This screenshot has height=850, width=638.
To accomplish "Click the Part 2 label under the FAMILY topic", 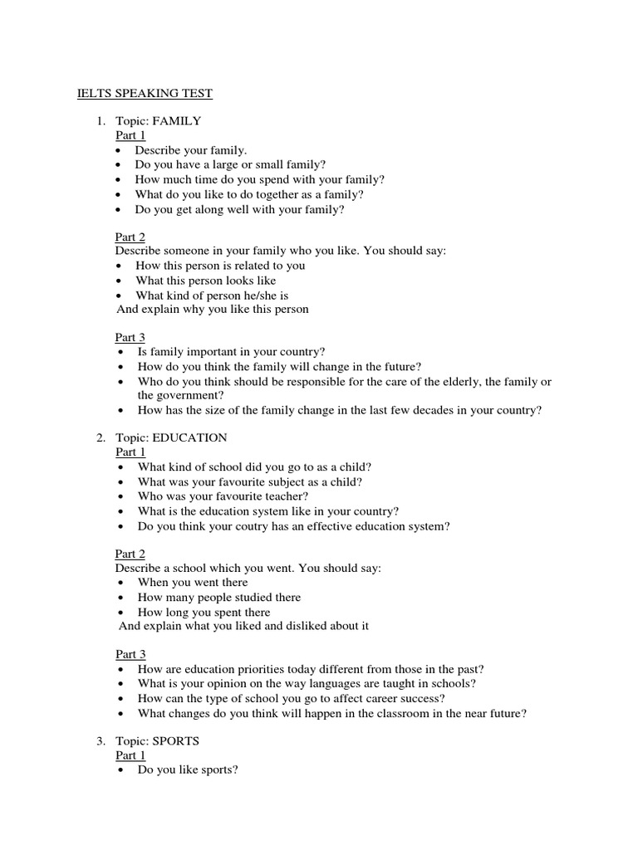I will tap(129, 237).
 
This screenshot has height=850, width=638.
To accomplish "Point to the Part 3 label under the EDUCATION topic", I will tap(130, 653).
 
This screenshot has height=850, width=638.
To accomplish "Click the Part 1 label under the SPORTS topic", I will tap(130, 755).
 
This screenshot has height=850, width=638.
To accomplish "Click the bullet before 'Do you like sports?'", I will tap(121, 770).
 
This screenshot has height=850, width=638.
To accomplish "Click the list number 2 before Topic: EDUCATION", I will tap(100, 437).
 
